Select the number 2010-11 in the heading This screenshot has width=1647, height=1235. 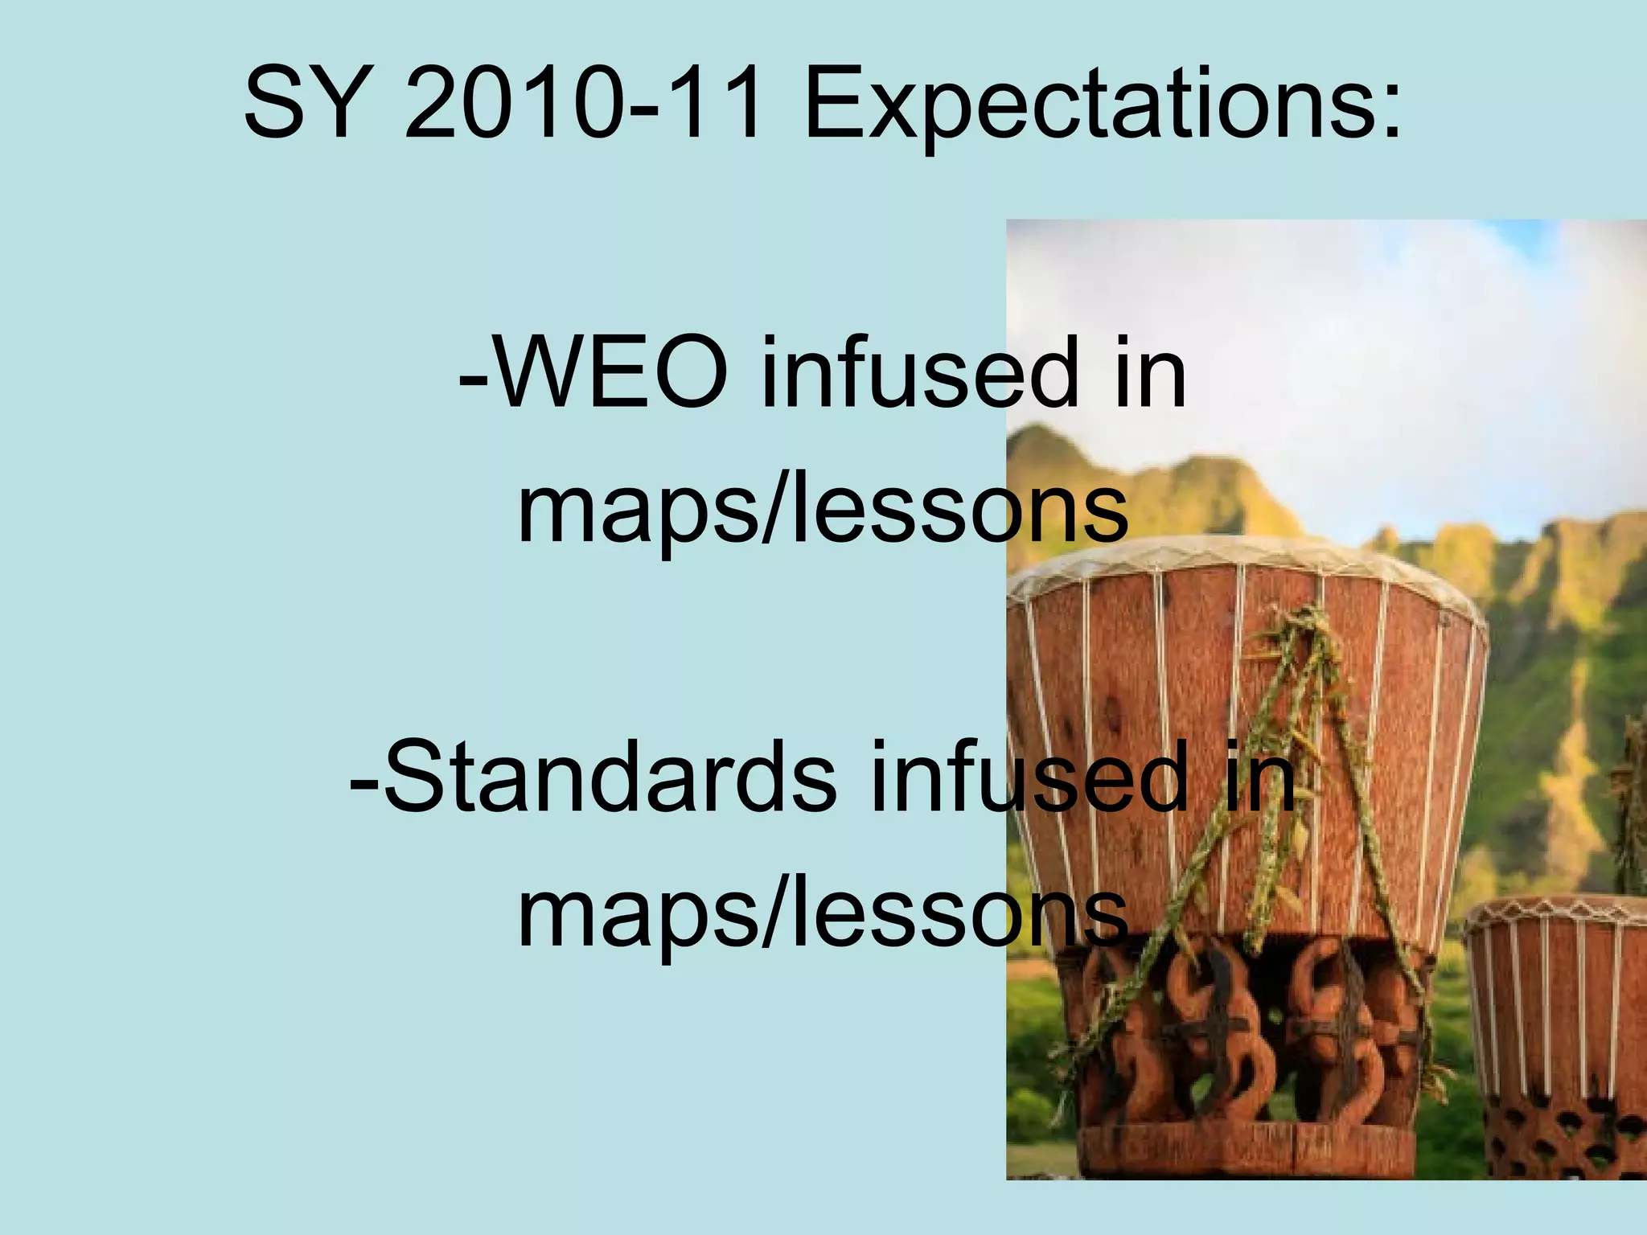pyautogui.click(x=583, y=106)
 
